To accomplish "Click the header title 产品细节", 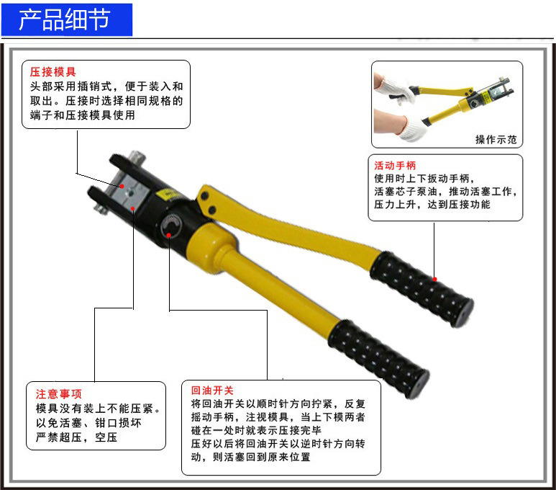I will click(x=65, y=19).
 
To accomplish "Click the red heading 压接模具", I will click(x=53, y=72).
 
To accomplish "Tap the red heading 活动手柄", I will click(x=395, y=165).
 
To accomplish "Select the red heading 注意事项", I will click(x=59, y=394).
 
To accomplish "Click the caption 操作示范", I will click(x=496, y=139).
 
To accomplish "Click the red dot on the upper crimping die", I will click(x=122, y=186).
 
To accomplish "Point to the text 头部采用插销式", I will click(x=68, y=86).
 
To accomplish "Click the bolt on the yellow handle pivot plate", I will click(x=204, y=196).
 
